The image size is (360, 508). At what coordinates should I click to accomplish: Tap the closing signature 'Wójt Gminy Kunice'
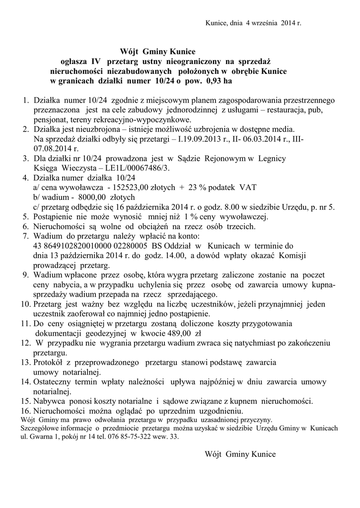click(240, 453)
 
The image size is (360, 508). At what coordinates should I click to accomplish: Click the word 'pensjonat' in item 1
click(50, 120)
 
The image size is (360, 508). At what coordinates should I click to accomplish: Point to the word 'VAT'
click(248, 187)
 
